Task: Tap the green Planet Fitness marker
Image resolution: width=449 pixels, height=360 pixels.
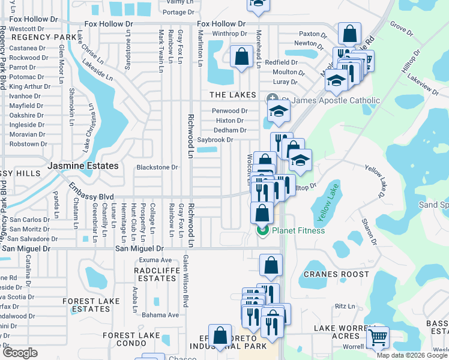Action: (262, 230)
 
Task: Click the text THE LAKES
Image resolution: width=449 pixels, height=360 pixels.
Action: (232, 95)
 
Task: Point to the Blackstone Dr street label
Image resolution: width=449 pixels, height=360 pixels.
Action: (157, 167)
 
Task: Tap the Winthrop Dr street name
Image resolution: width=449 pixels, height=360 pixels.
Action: (229, 34)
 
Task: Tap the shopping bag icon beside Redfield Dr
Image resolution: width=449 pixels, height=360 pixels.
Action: (241, 58)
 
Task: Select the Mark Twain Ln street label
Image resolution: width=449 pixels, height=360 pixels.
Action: (160, 50)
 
